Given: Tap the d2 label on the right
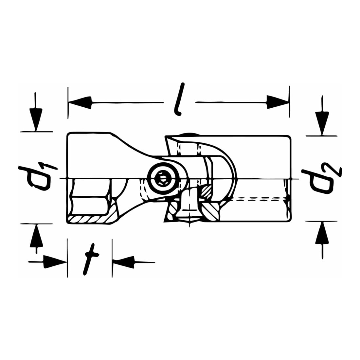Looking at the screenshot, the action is (x=321, y=179).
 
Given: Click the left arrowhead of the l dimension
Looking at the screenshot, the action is (x=81, y=102).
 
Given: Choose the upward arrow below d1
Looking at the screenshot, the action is (x=36, y=239).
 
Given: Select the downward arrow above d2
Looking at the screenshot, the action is (x=322, y=116).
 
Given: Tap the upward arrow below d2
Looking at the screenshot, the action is (x=322, y=240).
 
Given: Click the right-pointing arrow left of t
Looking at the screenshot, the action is (x=47, y=261).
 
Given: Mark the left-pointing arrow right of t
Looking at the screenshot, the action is (x=134, y=262).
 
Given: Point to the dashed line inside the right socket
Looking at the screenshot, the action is (x=258, y=199).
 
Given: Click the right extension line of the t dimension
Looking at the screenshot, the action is (x=112, y=258).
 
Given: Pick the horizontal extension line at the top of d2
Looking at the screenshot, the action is (x=321, y=136).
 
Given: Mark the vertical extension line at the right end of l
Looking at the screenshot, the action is (x=290, y=102).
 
